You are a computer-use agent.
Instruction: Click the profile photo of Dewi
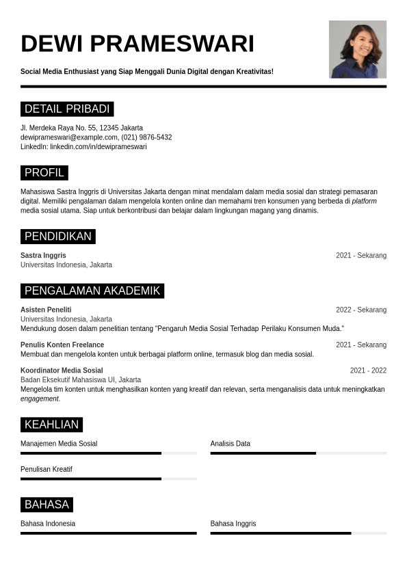point(357,49)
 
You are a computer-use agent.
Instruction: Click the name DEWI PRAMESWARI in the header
point(137,44)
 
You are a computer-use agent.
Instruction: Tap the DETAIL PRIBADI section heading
point(67,109)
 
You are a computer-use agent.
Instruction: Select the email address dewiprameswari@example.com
point(68,137)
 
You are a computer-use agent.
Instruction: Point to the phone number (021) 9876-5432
point(146,137)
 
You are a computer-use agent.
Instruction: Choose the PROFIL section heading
point(44,172)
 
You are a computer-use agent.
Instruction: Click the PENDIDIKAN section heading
point(57,237)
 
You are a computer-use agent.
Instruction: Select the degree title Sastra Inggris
point(43,255)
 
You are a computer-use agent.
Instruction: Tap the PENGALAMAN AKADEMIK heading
point(92,291)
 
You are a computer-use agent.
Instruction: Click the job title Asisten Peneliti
point(46,310)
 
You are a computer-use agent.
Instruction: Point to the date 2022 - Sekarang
point(360,310)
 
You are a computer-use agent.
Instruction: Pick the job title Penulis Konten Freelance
point(62,345)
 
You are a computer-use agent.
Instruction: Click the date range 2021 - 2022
point(368,371)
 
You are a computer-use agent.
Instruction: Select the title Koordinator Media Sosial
point(62,371)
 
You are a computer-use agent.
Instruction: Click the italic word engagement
point(40,399)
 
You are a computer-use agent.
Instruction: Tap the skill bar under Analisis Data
point(298,453)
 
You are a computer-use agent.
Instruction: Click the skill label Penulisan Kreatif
point(47,469)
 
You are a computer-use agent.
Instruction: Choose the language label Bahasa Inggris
point(233,524)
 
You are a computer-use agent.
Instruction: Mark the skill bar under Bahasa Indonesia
point(108,533)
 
